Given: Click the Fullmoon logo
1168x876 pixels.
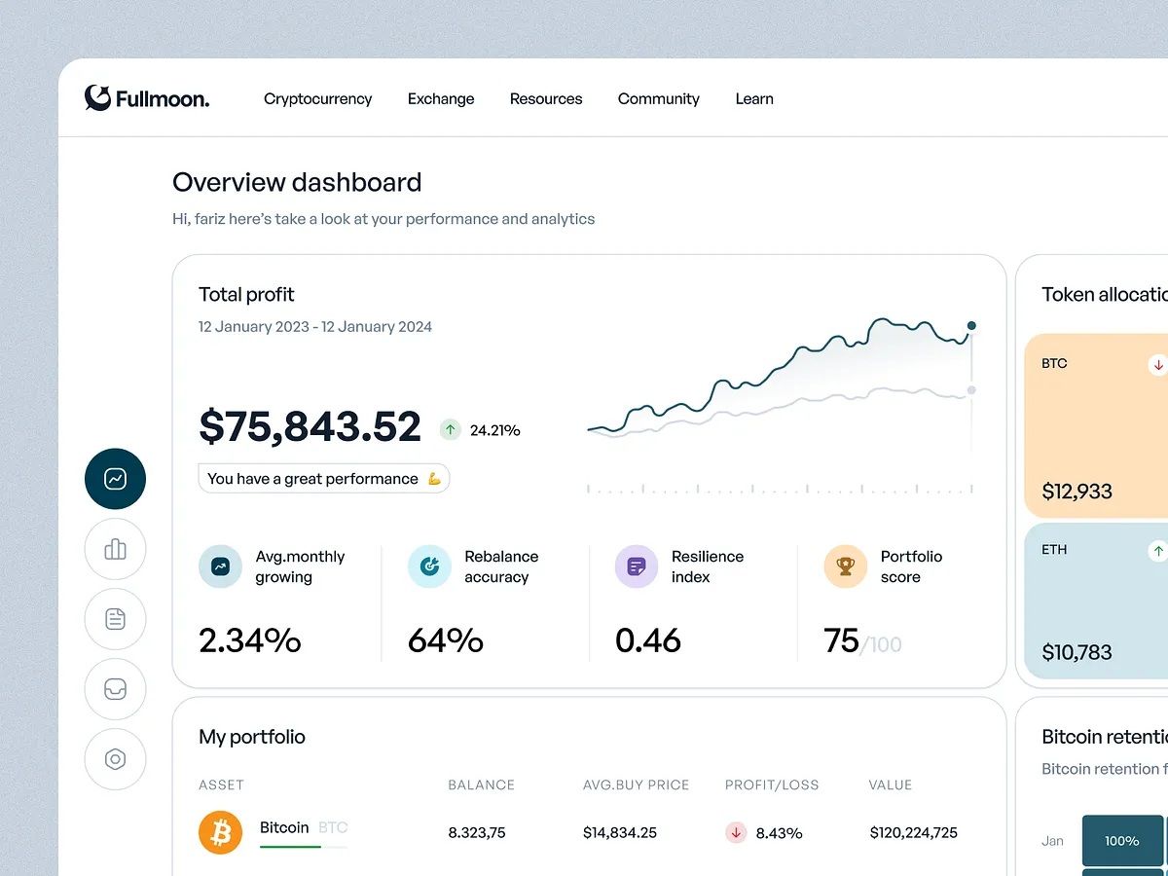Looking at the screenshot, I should click(x=146, y=98).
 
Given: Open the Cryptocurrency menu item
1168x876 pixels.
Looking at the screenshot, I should click(x=317, y=98).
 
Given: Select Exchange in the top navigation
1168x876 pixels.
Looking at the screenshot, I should click(x=441, y=98).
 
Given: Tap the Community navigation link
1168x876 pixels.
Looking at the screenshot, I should click(x=658, y=98).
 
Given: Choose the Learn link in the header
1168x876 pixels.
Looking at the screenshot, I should click(x=754, y=98).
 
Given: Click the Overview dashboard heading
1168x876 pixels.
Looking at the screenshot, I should click(x=297, y=182).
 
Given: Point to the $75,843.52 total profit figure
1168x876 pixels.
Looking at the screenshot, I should click(x=310, y=427).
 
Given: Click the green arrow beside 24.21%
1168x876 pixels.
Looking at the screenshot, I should click(x=450, y=429).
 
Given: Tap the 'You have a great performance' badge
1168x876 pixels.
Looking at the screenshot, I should click(x=324, y=478).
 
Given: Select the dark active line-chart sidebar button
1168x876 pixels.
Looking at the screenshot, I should click(x=115, y=479).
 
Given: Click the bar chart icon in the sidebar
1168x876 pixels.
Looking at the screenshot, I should click(x=115, y=549).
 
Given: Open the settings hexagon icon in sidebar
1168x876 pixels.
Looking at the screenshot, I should click(x=115, y=759).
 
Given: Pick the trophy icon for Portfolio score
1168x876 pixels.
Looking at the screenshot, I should click(x=845, y=566).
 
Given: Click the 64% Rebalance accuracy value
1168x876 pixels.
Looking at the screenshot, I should click(x=445, y=640).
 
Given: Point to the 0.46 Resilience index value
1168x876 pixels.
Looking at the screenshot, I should click(x=648, y=640).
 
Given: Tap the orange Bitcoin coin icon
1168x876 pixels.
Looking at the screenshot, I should click(x=220, y=832).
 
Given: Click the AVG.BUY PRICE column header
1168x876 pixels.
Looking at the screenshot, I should click(x=636, y=785).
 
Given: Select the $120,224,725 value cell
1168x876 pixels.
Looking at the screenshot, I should click(x=913, y=832).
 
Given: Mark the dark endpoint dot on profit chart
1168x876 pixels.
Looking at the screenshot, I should click(x=971, y=325).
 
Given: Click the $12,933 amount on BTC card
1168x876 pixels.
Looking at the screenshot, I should click(x=1077, y=492).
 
